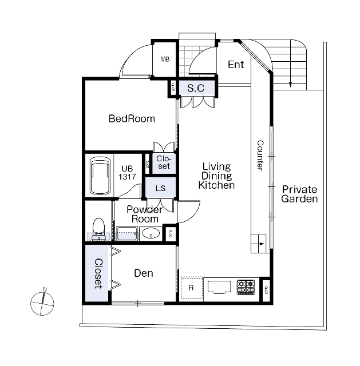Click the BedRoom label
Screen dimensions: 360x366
click(x=132, y=118)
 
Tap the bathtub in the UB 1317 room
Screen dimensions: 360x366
click(x=100, y=176)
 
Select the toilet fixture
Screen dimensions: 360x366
click(x=98, y=229)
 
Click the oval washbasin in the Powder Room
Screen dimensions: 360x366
click(x=151, y=233)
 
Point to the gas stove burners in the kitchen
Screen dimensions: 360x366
click(x=246, y=287)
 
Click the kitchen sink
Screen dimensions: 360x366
click(x=219, y=287)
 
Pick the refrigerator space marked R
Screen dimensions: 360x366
click(x=192, y=288)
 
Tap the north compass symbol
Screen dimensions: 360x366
click(x=42, y=303)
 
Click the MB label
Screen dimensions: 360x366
click(x=165, y=59)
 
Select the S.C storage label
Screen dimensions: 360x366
click(x=196, y=88)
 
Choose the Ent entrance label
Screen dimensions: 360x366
click(x=236, y=65)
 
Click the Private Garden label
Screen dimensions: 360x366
click(x=299, y=194)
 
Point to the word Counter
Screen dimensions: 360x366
click(x=260, y=156)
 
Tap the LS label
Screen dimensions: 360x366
click(x=160, y=188)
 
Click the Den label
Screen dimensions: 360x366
click(x=144, y=273)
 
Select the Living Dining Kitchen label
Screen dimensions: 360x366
click(x=216, y=176)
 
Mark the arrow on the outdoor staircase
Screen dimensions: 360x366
click(x=290, y=63)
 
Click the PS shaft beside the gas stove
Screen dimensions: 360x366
click(x=266, y=290)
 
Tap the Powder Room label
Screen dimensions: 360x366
click(x=145, y=214)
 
